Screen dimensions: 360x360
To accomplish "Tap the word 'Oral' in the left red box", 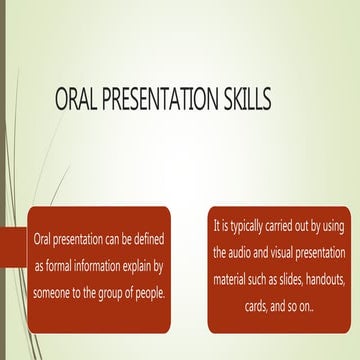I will click(42, 241).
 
